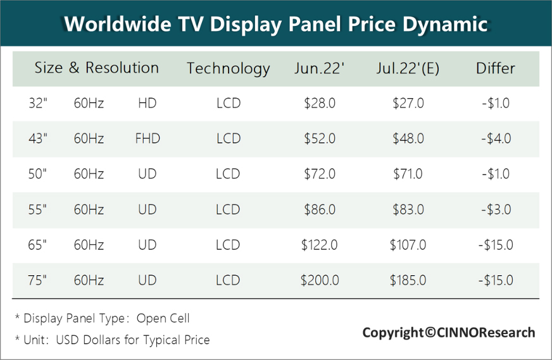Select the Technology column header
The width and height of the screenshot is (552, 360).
(x=228, y=68)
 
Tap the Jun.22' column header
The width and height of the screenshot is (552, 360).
(x=319, y=68)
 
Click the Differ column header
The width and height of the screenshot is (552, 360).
(x=495, y=68)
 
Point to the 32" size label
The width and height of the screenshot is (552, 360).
(x=37, y=103)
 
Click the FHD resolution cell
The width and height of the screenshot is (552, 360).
(x=147, y=139)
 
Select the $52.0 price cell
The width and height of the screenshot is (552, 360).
(x=320, y=139)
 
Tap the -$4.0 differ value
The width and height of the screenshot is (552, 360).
(x=495, y=139)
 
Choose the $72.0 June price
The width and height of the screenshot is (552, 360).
(x=320, y=174)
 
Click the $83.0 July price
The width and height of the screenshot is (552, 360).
(x=408, y=209)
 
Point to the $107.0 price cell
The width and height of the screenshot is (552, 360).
(x=408, y=245)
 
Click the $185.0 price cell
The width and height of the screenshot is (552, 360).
(x=408, y=280)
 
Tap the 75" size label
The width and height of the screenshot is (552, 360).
(x=37, y=280)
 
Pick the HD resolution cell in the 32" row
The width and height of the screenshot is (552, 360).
(x=147, y=103)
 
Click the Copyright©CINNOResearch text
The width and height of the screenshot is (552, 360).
(x=448, y=332)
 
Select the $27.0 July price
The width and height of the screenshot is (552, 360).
(x=408, y=103)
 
